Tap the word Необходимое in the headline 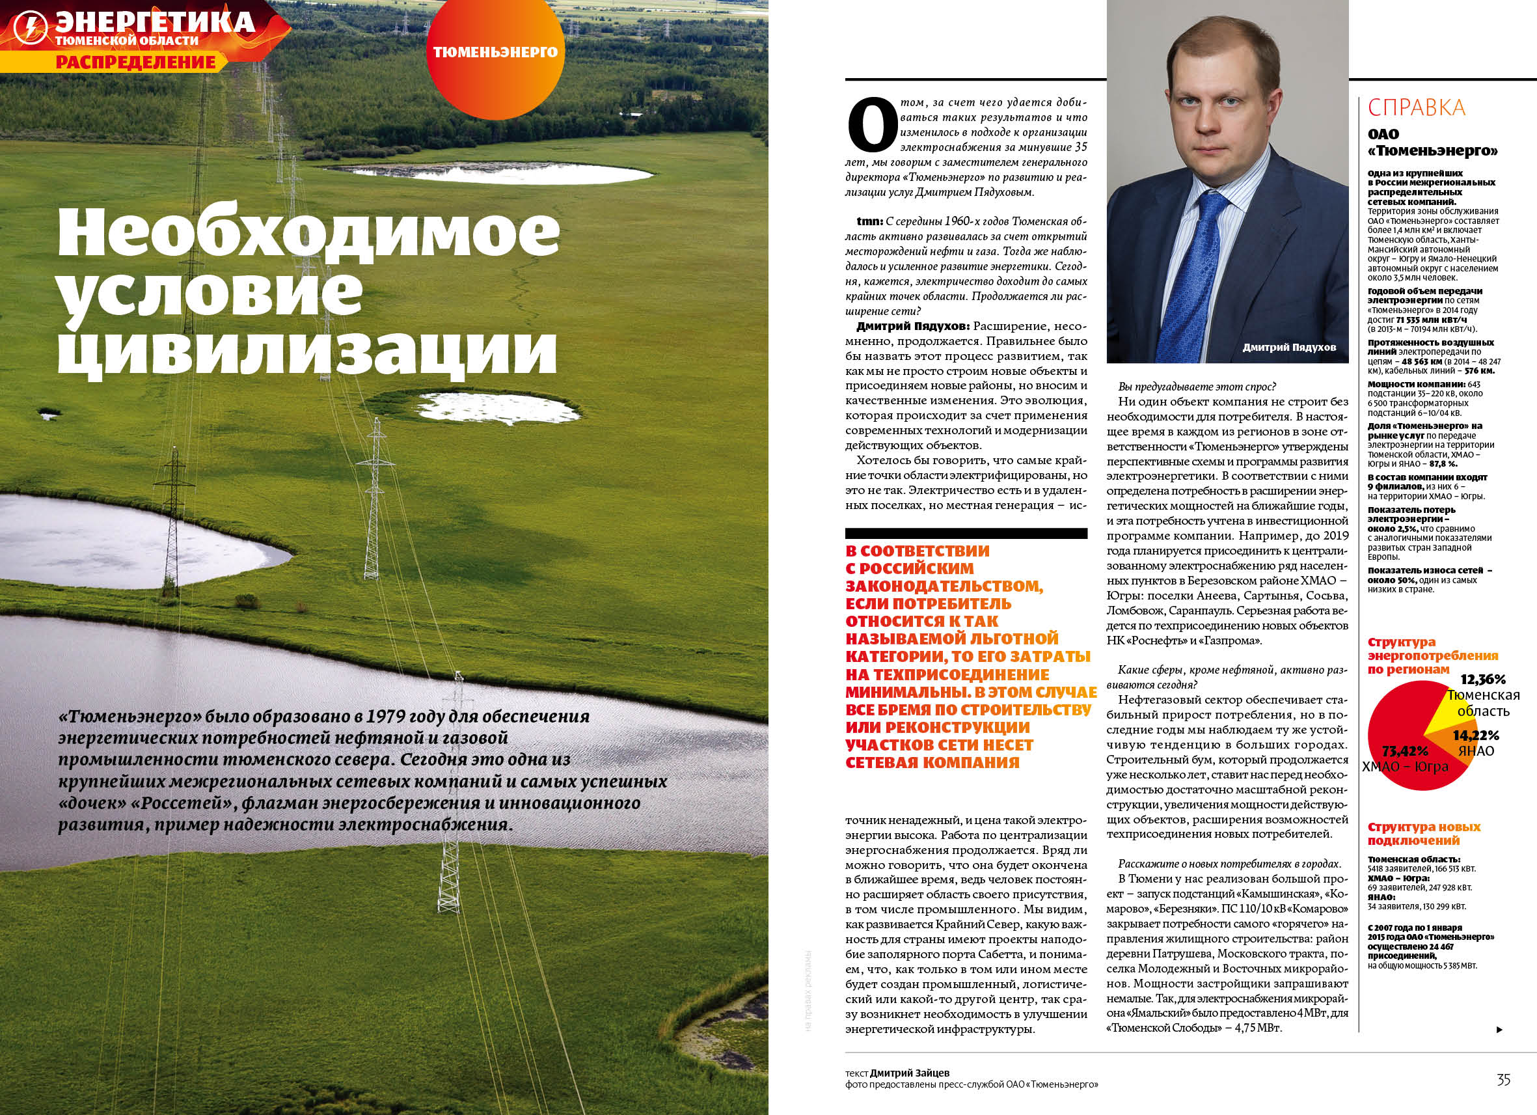pyautogui.click(x=309, y=231)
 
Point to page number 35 pyautogui.click(x=1503, y=1080)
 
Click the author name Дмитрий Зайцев pyautogui.click(x=910, y=1073)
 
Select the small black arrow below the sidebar pyautogui.click(x=1499, y=1030)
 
